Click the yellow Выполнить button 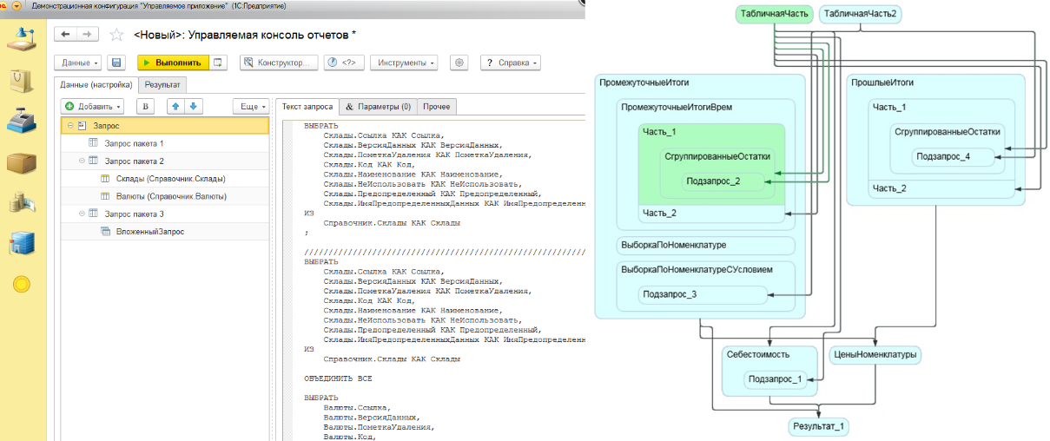(173, 63)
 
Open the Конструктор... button (279, 63)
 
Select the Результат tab (162, 85)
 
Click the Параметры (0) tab (378, 107)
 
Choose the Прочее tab (436, 107)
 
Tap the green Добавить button (92, 107)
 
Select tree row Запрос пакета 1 (134, 143)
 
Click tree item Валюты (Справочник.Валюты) (171, 196)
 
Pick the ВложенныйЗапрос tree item (150, 232)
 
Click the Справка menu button (511, 63)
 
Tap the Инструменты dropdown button (404, 63)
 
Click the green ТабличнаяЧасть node (775, 14)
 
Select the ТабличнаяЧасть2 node (860, 14)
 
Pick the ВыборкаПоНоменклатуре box (705, 245)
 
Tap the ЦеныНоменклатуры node (875, 355)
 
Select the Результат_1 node (818, 426)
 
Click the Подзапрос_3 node (703, 294)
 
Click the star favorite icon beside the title (116, 35)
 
